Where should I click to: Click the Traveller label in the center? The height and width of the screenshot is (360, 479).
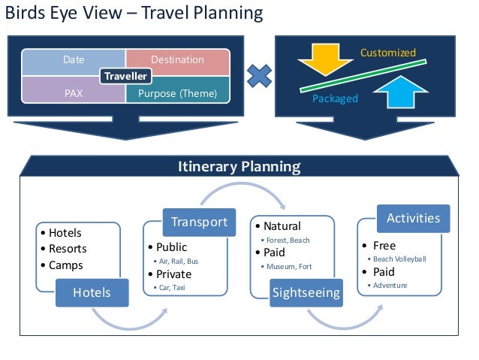125,76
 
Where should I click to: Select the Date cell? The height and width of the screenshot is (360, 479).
74,59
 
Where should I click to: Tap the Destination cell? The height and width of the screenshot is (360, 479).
177,59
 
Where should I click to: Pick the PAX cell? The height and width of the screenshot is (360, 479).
74,94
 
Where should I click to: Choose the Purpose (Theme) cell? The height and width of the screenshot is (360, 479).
177,94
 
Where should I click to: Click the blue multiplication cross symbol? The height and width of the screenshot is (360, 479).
260,75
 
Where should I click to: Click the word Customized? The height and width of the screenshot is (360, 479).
387,53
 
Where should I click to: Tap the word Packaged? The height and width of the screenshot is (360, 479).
335,98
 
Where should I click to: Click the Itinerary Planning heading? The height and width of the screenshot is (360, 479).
239,166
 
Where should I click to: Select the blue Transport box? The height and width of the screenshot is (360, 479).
199,222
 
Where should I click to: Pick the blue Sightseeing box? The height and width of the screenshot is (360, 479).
306,292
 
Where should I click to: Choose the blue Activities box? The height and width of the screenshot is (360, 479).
413,218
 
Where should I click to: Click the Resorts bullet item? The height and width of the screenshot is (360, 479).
67,249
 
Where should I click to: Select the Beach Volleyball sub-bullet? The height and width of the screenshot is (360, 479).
399,259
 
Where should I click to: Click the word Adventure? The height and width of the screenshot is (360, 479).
390,286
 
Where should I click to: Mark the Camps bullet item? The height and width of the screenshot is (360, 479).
65,265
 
